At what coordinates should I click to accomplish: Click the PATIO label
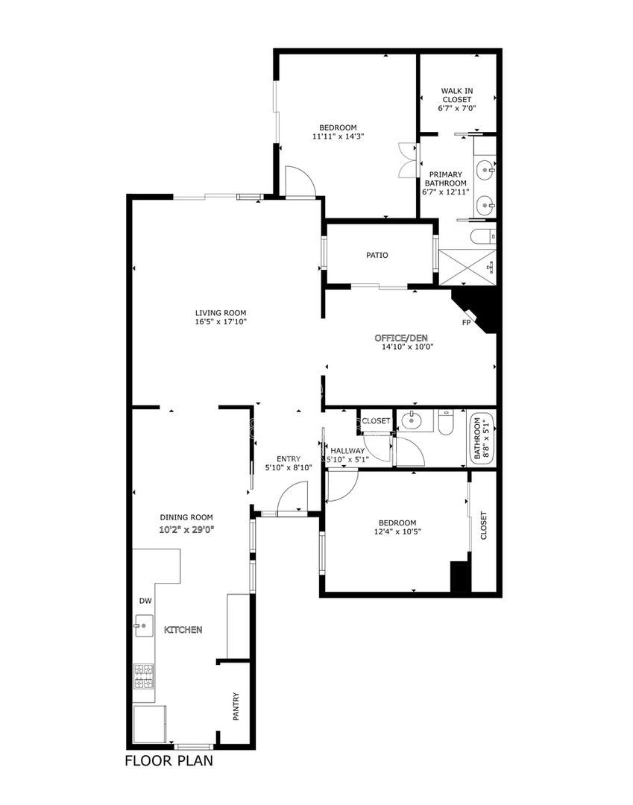tap(377, 255)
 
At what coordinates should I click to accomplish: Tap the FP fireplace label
tap(466, 323)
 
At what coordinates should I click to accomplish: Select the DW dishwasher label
tap(145, 601)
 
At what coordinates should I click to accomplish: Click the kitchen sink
tap(144, 625)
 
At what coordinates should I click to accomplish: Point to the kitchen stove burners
tap(144, 676)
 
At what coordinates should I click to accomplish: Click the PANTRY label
tap(236, 707)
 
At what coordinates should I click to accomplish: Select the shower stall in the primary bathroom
tap(467, 267)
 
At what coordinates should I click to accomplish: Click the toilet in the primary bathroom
tap(483, 237)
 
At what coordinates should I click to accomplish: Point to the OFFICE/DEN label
tap(401, 338)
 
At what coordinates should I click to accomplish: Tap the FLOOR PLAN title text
tap(169, 760)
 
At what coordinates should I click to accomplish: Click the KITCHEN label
tap(183, 629)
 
